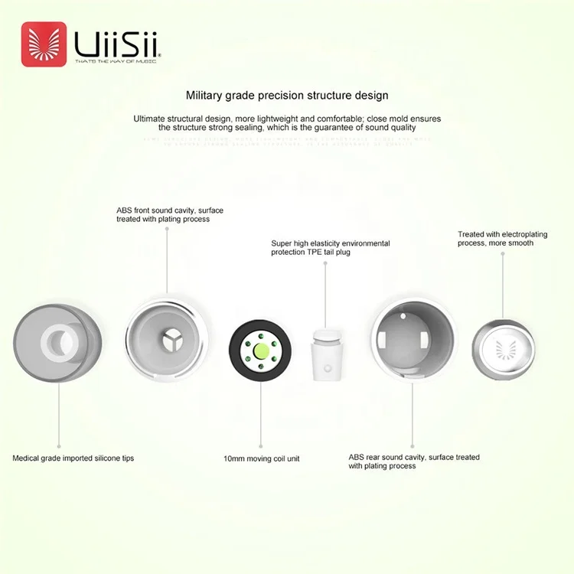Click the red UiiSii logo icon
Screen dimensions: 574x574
coord(43,44)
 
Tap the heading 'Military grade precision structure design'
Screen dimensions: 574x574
coord(287,96)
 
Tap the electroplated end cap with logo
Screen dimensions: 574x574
coord(502,348)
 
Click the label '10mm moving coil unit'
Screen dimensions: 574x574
coord(261,458)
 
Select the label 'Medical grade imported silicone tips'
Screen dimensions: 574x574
coord(73,458)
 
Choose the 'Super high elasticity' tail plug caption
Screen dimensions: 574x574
coord(330,247)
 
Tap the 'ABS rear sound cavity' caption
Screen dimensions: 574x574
coord(414,461)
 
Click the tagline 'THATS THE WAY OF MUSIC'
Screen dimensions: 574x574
coord(116,61)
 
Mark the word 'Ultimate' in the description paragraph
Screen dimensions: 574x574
coord(151,119)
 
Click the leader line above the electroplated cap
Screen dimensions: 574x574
coord(503,283)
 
